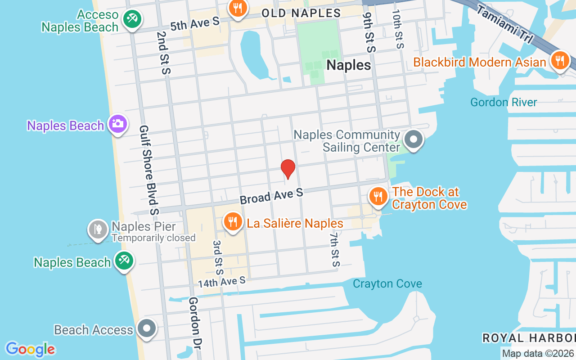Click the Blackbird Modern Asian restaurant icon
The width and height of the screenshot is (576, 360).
point(560,61)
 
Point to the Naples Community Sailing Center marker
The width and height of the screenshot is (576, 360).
point(413,140)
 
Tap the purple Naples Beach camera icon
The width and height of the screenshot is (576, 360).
point(118,124)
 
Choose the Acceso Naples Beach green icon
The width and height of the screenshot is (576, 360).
point(132,19)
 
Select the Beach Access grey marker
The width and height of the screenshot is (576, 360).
point(147,329)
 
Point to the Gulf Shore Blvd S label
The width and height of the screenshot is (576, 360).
point(149,170)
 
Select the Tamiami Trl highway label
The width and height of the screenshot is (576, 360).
point(505,24)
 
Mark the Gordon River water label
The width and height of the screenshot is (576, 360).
point(504,102)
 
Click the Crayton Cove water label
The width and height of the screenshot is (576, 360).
point(387,284)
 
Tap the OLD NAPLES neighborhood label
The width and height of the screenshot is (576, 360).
point(301,13)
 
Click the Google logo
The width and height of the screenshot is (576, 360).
point(30,349)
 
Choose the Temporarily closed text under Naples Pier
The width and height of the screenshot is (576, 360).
point(153,238)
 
